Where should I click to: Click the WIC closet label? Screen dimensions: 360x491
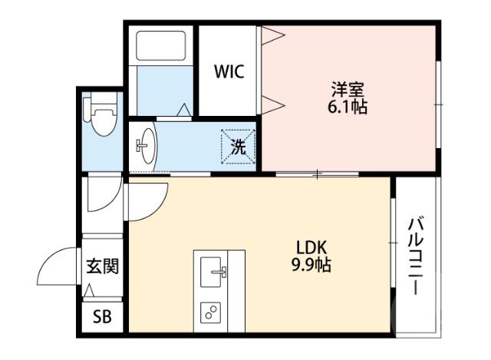point(229,72)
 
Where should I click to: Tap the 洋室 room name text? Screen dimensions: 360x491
point(347,88)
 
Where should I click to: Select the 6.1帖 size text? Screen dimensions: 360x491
point(347,106)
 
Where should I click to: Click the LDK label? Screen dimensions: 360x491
point(312,248)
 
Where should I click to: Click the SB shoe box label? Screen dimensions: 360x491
point(101,316)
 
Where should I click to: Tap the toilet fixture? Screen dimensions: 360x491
point(101,120)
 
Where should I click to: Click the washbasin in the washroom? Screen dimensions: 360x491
point(145,144)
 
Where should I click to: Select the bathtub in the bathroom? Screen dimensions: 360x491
point(161,48)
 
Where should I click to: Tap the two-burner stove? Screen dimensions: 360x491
point(211,311)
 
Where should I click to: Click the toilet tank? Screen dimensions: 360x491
point(101,101)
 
